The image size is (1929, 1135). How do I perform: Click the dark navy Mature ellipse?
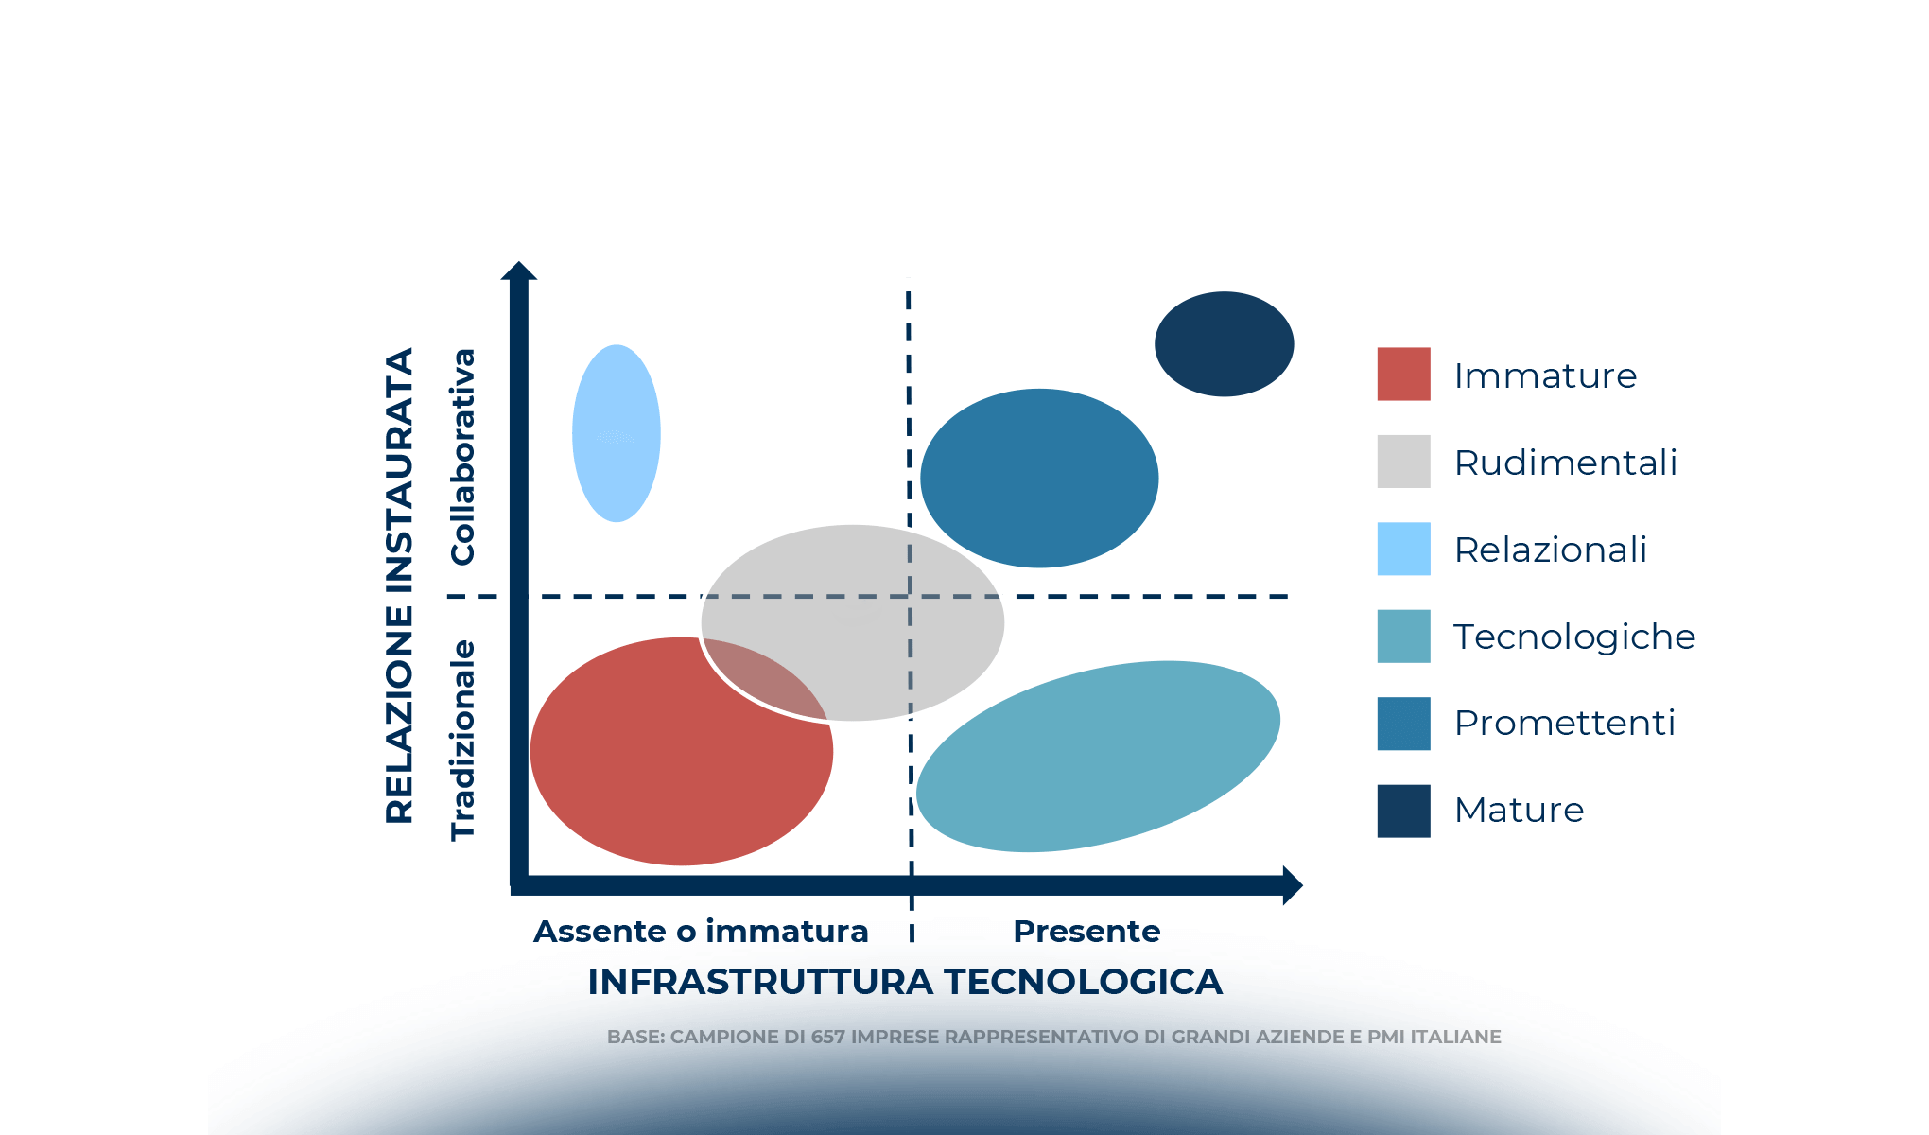pyautogui.click(x=1224, y=343)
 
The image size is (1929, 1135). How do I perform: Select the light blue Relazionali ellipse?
pyautogui.click(x=616, y=433)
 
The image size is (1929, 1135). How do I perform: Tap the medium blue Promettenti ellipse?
pyautogui.click(x=1038, y=478)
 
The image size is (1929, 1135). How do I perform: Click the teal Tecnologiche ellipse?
pyautogui.click(x=1097, y=757)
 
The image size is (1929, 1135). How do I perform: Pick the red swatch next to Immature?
pyautogui.click(x=1403, y=375)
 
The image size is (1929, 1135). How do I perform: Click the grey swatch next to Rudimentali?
pyautogui.click(x=1403, y=462)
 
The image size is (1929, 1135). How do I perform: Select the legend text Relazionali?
pyautogui.click(x=1550, y=550)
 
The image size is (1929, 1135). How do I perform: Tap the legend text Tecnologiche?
pyautogui.click(x=1573, y=637)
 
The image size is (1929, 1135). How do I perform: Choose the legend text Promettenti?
pyautogui.click(x=1564, y=723)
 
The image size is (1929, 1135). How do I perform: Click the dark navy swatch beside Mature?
pyautogui.click(x=1403, y=811)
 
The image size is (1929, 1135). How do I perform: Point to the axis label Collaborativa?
pyautogui.click(x=462, y=457)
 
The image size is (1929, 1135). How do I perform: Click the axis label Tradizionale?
pyautogui.click(x=462, y=740)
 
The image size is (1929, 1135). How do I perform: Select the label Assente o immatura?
pyautogui.click(x=701, y=932)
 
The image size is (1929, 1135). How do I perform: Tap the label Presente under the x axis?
pyautogui.click(x=1086, y=932)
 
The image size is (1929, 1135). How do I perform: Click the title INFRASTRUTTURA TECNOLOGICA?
pyautogui.click(x=904, y=982)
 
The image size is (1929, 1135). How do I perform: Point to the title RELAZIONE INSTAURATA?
pyautogui.click(x=400, y=586)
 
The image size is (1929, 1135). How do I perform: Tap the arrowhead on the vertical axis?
pyautogui.click(x=518, y=271)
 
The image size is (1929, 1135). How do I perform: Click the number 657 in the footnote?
pyautogui.click(x=827, y=1037)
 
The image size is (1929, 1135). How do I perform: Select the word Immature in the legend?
pyautogui.click(x=1544, y=375)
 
